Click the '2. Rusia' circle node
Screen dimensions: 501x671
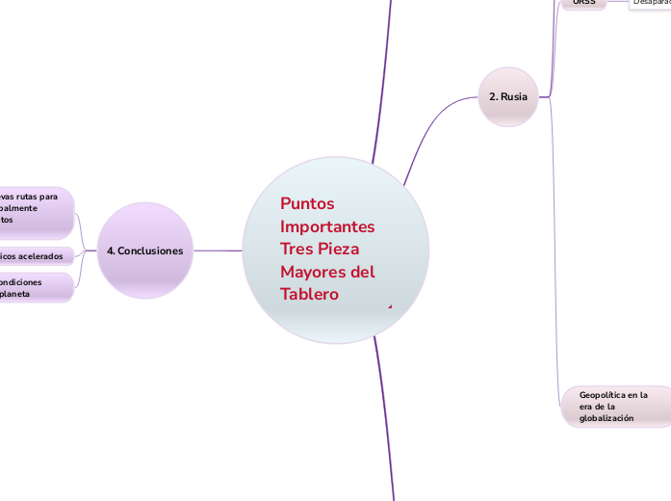point(507,96)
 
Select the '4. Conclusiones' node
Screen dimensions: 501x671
point(145,250)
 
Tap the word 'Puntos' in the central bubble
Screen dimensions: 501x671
point(306,203)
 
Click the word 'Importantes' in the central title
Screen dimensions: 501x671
point(327,226)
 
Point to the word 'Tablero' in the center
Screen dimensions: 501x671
point(309,294)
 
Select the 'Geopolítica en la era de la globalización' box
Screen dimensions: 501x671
point(614,407)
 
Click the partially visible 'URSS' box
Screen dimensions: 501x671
point(583,4)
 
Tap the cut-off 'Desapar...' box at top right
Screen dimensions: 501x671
point(651,4)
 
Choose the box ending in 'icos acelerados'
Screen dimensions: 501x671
point(35,256)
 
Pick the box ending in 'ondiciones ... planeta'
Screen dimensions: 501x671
point(35,287)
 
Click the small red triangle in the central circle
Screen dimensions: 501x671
point(390,306)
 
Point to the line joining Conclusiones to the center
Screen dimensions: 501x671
point(218,250)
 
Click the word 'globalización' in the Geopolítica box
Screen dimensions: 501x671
point(606,419)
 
